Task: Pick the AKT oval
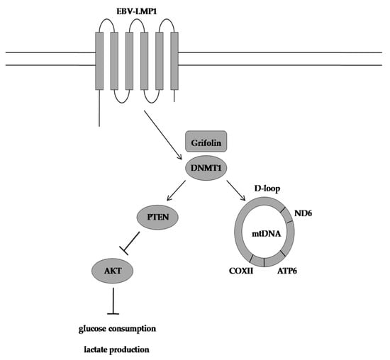tap(113, 269)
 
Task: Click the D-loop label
tap(266, 190)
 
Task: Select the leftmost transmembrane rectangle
tap(99, 61)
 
